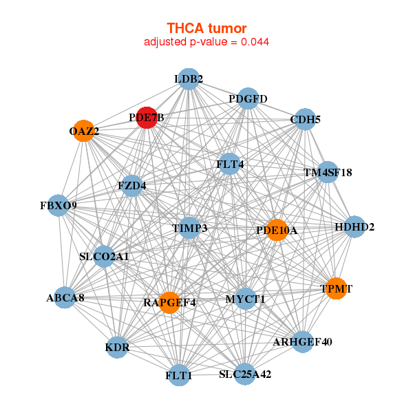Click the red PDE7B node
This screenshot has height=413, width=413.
(147, 117)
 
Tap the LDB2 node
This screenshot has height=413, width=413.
(188, 79)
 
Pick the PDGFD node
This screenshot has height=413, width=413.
(248, 99)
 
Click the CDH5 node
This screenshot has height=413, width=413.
(305, 120)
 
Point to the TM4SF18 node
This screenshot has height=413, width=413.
(328, 172)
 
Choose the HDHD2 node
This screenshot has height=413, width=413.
(354, 227)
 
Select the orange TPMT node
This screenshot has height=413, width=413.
(336, 289)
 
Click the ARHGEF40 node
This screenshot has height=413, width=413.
(302, 341)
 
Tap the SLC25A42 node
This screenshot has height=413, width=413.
(245, 374)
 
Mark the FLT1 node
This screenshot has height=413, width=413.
(179, 376)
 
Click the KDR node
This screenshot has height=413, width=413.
(118, 348)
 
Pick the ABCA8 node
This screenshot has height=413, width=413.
(65, 298)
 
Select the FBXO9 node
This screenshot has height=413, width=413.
(58, 206)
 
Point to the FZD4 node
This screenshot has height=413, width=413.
(131, 186)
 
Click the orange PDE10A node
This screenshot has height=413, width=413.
(276, 230)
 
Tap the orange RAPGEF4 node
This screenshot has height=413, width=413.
(169, 302)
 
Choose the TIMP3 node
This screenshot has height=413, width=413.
(189, 228)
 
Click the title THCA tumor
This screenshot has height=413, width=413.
(206, 28)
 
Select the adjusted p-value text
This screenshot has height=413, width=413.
(206, 42)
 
